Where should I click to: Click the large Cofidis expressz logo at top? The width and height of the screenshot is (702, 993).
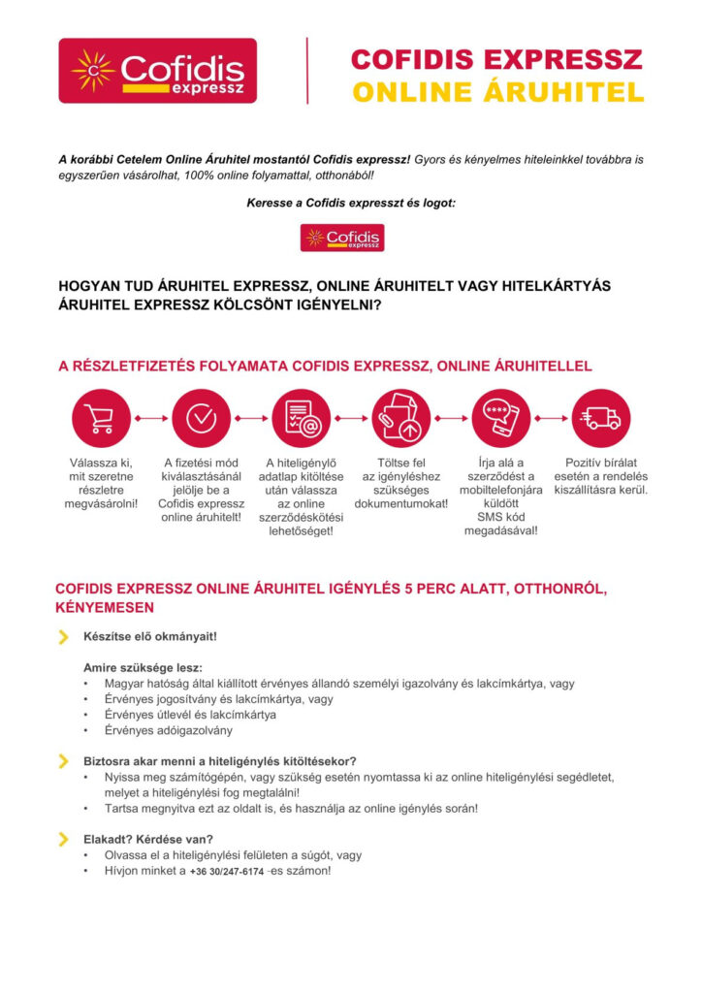157,71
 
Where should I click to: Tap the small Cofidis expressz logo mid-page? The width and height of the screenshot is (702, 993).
342,238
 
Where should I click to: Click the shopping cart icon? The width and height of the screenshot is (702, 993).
100,418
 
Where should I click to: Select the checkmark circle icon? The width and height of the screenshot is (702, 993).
201,418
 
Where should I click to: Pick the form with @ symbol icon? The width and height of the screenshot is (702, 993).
301,418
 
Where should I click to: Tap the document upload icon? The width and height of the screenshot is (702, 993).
400,418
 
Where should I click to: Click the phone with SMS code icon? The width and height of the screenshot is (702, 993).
500,418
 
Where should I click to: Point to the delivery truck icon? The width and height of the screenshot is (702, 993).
600,418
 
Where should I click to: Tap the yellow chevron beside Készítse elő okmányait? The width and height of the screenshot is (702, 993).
64,637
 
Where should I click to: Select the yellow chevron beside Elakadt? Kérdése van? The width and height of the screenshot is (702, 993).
64,839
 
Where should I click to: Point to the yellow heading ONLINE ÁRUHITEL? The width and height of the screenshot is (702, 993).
497,93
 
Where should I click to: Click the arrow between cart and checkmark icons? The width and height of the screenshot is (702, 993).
150,419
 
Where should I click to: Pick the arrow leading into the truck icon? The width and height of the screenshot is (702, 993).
550,419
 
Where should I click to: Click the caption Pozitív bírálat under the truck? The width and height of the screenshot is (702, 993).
601,463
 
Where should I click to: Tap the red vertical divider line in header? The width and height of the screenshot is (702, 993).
307,71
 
